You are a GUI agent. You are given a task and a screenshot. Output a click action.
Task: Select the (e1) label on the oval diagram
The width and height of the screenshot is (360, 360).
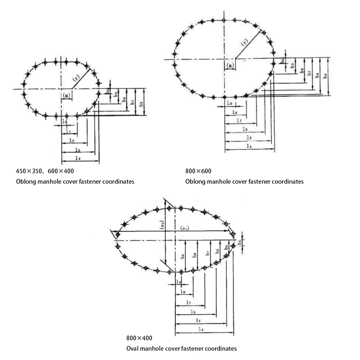coord(185,228)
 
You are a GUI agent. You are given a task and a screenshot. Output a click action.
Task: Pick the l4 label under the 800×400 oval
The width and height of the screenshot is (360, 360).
coord(200,329)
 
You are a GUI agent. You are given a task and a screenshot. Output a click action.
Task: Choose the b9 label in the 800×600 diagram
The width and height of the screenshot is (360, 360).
coord(325,76)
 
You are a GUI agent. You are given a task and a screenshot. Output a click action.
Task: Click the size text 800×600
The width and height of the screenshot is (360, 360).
coord(198,171)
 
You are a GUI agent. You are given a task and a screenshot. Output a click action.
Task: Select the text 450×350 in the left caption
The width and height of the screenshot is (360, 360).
coord(28,171)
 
